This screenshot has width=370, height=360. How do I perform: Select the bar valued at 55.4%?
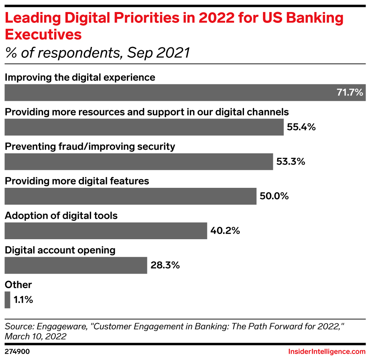144,127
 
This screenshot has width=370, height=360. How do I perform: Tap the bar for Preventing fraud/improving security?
138,162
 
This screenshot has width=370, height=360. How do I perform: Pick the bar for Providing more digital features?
130,196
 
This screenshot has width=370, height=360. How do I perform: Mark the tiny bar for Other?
7,300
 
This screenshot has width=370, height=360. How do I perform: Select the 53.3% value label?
291,162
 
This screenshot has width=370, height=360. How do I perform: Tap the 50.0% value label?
274,196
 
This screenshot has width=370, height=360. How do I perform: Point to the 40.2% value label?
225,231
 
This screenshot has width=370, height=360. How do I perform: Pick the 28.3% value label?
165,265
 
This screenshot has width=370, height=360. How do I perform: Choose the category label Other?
18,285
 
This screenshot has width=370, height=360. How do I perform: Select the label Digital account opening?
60,250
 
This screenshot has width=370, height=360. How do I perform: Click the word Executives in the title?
43,35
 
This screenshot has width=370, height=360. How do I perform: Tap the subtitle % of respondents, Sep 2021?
97,53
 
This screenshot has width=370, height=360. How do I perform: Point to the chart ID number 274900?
17,352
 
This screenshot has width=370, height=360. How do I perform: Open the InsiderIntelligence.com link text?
327,352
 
